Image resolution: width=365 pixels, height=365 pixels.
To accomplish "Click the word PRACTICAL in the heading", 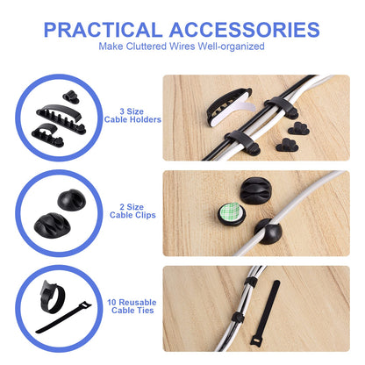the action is pos(103,30).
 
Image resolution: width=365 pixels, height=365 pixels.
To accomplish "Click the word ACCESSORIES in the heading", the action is pos(245,30).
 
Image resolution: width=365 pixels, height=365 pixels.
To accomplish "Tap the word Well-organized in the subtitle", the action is pos(231,47).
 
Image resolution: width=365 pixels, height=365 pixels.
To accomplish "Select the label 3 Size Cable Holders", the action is pos(132,116).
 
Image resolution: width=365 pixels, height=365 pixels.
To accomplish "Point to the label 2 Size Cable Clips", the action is pos(132,211).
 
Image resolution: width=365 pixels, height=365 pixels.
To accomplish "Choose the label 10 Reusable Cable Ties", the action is pos(132,306).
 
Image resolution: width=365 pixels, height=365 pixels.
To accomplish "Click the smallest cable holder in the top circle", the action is pos(71,97).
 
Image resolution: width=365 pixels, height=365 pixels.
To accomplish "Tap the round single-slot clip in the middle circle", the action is pos(72,200).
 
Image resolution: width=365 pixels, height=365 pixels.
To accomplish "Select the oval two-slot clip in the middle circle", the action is pos(52,225).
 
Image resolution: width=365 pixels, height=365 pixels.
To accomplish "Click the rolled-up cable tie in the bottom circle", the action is pos(52,297).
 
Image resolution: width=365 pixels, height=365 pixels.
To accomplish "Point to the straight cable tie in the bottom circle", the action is pos(64,318).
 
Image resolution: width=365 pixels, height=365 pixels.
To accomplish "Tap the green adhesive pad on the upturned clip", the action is pos(232,212).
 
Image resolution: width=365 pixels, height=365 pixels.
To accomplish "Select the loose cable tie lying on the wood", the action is pos(265,313).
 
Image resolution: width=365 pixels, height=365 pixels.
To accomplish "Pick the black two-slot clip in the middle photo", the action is pos(255,190).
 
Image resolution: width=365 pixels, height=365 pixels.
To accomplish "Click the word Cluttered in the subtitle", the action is pos(147,47).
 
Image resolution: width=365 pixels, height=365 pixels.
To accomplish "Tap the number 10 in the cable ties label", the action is pos(112,302).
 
